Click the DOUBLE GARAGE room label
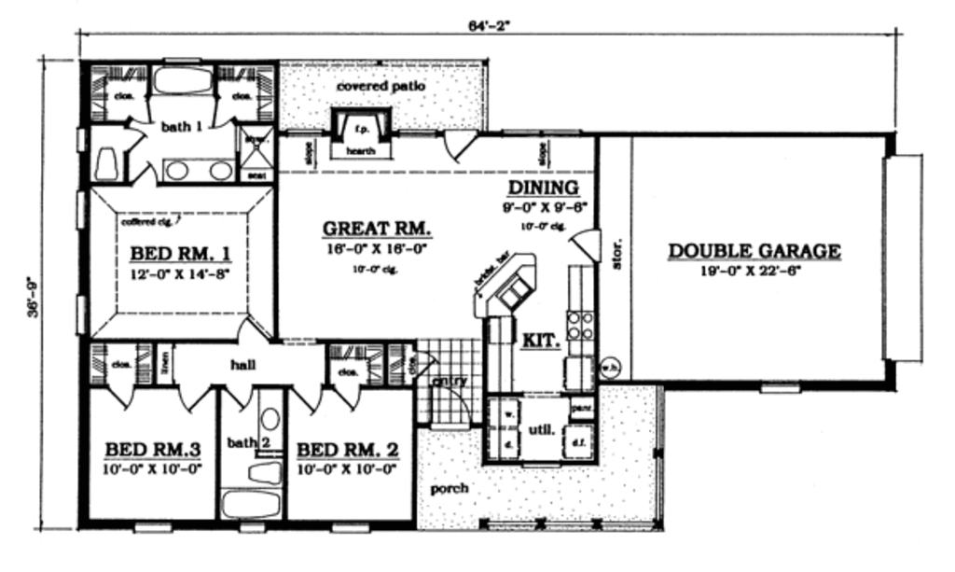[754, 251]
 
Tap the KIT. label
[541, 341]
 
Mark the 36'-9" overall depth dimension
[34, 296]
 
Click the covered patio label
[381, 86]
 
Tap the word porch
[449, 488]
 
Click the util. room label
[542, 430]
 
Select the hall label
[242, 366]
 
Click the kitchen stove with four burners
[581, 324]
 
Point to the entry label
[449, 381]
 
